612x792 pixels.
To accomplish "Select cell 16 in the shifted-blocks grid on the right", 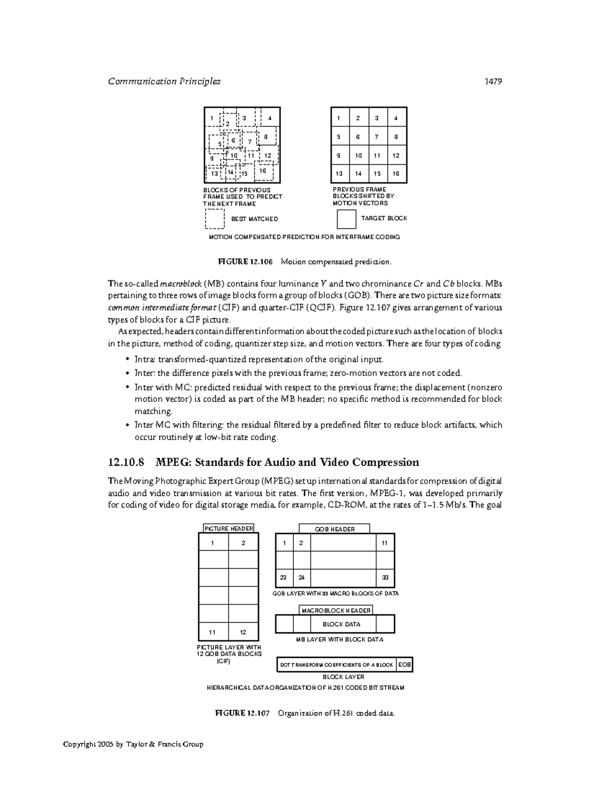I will pos(396,173).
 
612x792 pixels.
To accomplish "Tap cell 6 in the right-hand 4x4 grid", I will pos(358,137).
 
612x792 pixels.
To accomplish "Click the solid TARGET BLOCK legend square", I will pos(346,219).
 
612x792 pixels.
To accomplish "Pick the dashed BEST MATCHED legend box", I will pos(215,219).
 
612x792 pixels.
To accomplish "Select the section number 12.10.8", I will pos(126,463).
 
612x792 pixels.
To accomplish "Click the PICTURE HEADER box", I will pos(228,529).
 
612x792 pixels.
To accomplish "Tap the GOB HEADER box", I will pos(334,529).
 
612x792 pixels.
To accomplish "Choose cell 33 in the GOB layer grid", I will pos(385,578).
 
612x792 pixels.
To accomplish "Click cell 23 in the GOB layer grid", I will pos(284,578).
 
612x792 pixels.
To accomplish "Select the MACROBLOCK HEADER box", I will pos(336,610).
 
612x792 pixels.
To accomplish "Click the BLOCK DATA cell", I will pos(341,624).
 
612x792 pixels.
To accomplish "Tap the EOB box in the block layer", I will pos(404,665).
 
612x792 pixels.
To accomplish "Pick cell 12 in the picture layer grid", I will pos(243,632).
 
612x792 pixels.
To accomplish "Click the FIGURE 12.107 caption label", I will pos(242,713).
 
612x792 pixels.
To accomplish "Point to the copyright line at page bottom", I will pos(133,744).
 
